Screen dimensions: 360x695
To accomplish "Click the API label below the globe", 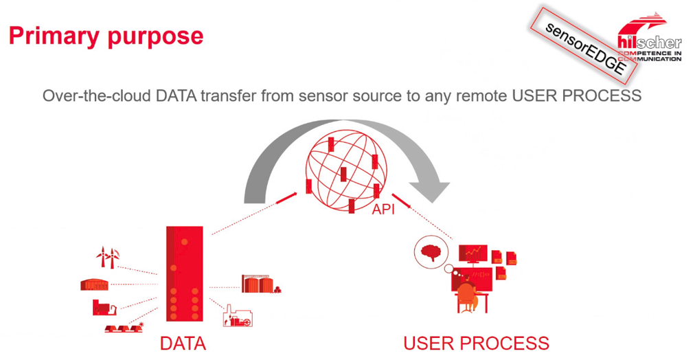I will click(x=383, y=209).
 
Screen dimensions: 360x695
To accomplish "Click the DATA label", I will click(x=183, y=343).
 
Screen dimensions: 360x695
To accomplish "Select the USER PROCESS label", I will click(x=476, y=343).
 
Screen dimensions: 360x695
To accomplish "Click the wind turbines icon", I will click(x=108, y=257).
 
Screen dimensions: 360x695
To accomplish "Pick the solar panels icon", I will click(x=124, y=328).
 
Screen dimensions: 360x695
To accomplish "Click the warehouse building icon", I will click(x=95, y=284).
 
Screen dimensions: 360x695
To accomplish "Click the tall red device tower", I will click(x=184, y=273).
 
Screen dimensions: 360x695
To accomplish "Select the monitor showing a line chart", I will click(x=473, y=254).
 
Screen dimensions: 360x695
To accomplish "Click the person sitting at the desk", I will click(x=468, y=295).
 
